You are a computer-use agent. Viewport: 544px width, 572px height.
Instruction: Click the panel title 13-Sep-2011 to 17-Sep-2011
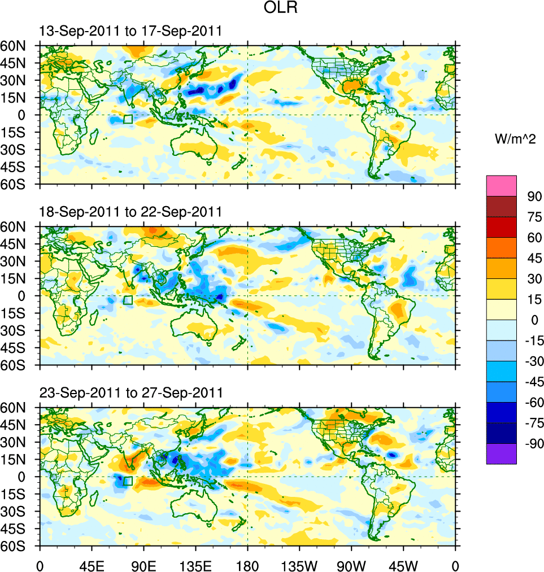(x=130, y=31)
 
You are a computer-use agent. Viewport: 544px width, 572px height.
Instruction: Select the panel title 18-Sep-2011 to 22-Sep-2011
(x=130, y=212)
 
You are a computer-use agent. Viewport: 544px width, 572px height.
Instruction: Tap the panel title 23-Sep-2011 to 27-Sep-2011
(x=130, y=392)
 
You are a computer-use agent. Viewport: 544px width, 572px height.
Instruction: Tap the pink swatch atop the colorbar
(x=501, y=185)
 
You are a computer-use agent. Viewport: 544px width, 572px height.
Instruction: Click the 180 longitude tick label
(x=247, y=564)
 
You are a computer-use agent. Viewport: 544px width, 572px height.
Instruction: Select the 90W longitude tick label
(x=351, y=564)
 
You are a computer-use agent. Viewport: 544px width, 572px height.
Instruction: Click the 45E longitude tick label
(x=92, y=564)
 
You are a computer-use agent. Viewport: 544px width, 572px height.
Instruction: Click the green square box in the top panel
(x=128, y=119)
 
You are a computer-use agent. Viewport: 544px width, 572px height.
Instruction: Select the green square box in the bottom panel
(x=128, y=481)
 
